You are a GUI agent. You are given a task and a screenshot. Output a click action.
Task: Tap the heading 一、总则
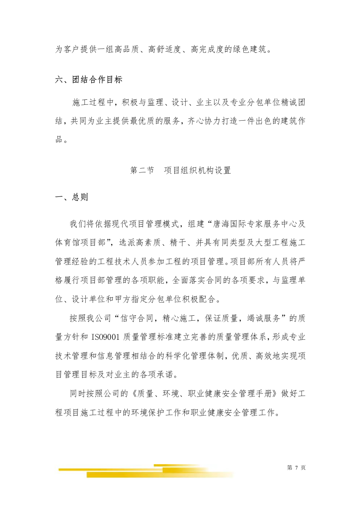point(71,197)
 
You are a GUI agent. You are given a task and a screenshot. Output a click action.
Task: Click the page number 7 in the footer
point(296,468)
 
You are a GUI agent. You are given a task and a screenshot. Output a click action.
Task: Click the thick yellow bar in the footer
point(159,475)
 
